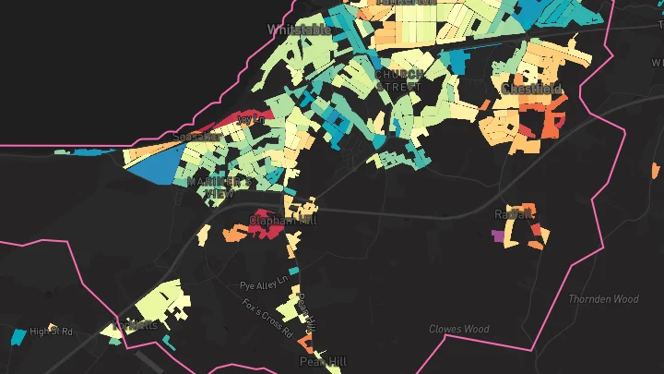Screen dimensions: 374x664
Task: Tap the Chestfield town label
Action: point(532,90)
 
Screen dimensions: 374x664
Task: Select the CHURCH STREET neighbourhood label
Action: point(399,80)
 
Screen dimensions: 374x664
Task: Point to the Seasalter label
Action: point(196,137)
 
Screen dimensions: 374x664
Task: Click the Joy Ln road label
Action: point(250,120)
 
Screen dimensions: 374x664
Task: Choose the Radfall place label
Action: point(514,214)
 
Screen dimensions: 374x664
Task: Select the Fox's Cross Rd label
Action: point(267,317)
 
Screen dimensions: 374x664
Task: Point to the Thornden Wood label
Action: point(603,299)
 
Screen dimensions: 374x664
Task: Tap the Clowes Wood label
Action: point(458,329)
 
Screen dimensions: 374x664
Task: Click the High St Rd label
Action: point(51,331)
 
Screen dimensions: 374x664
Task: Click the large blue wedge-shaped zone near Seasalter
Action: point(152,166)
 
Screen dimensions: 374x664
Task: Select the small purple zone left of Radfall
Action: point(500,235)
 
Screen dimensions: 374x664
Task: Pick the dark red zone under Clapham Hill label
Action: point(267,231)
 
